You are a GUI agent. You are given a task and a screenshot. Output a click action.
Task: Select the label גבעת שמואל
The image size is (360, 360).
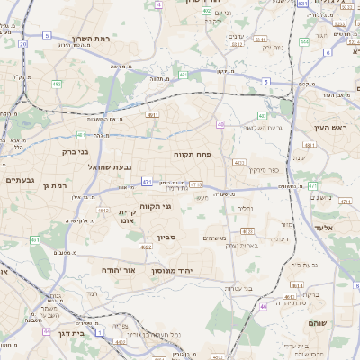point(111,167)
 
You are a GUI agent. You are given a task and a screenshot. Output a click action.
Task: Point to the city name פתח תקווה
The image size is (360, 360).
point(192,154)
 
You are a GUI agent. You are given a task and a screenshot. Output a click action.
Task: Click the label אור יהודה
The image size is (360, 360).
point(118,269)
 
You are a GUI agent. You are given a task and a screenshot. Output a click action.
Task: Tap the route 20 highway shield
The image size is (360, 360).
point(22,43)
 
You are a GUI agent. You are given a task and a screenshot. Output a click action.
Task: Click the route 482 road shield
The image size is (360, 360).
point(57,85)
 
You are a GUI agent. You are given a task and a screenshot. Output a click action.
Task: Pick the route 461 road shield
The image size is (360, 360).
point(35,240)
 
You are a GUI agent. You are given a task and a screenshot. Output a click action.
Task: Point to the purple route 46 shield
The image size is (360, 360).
point(264,307)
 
